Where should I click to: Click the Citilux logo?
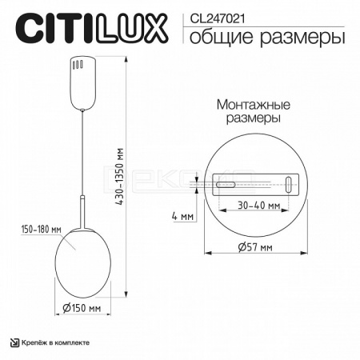(91, 29)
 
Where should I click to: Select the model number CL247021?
(217, 19)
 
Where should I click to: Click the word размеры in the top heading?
(302, 38)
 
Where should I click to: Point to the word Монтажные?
(253, 105)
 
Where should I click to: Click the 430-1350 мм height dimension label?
(121, 177)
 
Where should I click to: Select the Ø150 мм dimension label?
(82, 308)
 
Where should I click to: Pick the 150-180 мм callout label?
(42, 230)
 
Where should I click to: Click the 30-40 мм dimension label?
(259, 206)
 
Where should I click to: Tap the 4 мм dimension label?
(182, 216)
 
